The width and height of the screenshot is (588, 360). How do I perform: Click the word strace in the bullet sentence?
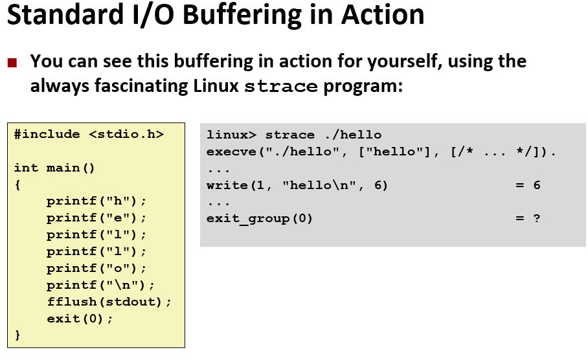coord(281,87)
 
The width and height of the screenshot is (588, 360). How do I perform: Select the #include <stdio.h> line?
coord(89,135)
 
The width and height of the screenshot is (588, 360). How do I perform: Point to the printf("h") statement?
coord(96,201)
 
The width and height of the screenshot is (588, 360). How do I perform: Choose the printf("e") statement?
coord(96,218)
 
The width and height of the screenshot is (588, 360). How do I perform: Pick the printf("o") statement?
coord(96,268)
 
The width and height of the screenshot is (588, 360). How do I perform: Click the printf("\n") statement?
coord(100,285)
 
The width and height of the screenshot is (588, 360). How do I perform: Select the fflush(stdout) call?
coord(109,302)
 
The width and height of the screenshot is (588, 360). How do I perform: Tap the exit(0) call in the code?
coord(80,319)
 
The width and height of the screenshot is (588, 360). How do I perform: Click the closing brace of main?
coord(17,335)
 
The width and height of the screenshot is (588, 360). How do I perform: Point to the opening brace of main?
coord(17,185)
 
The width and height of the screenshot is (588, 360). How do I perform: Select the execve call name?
coord(227,152)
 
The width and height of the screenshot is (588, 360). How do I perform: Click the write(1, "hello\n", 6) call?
coord(297,185)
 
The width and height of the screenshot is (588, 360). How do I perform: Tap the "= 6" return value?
coord(527,185)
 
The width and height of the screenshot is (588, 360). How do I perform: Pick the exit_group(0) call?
coord(259,218)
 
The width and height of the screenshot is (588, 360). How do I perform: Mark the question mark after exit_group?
coord(536,218)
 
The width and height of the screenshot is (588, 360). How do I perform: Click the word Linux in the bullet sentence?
coord(216,85)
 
